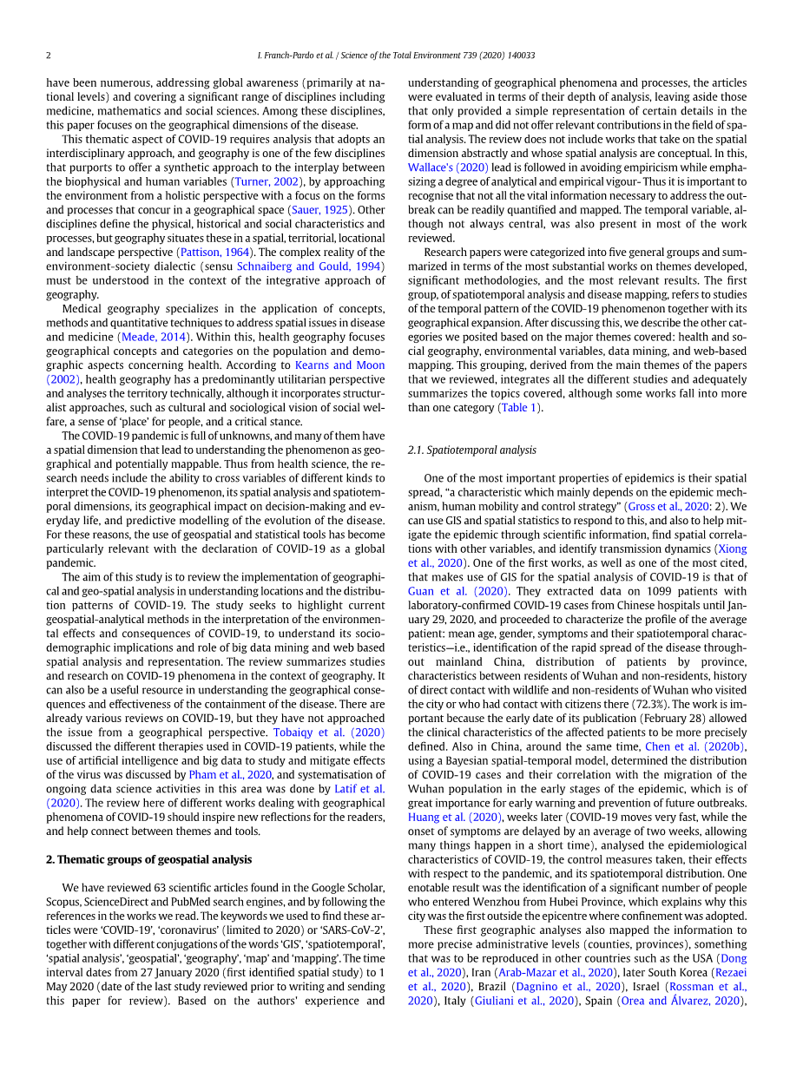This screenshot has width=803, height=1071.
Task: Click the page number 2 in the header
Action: tap(49, 56)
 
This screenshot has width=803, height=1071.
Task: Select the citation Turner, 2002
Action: tap(267, 181)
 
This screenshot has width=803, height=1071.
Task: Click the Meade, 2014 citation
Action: tap(149, 337)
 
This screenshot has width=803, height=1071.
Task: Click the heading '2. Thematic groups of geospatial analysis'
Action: tap(148, 859)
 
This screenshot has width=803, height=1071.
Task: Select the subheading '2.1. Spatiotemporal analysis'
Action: tap(472, 450)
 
